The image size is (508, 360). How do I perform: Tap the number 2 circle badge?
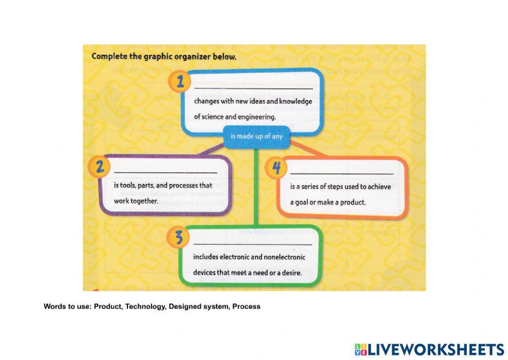(100, 167)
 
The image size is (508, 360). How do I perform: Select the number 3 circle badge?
(178, 237)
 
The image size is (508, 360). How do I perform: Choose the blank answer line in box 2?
(165, 173)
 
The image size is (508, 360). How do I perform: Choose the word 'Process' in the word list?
(246, 306)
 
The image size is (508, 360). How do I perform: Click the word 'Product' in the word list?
(107, 306)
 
